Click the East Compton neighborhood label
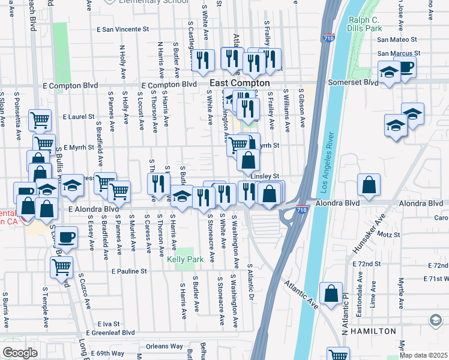[x=240, y=83]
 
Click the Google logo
[x=20, y=353]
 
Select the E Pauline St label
[x=129, y=271]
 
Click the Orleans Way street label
[x=164, y=346]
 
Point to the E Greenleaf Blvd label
[x=110, y=332]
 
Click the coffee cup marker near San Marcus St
[x=406, y=67]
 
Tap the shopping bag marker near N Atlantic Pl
[x=331, y=293]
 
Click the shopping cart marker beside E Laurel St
[x=40, y=119]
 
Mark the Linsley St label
[x=266, y=176]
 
